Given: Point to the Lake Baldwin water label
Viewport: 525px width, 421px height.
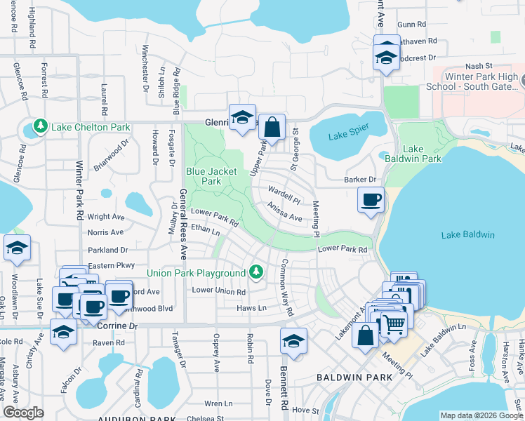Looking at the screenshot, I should [468, 234].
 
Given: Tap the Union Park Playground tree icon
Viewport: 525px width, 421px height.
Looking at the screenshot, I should [257, 272].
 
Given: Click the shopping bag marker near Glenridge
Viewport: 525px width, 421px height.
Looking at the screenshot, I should [272, 127].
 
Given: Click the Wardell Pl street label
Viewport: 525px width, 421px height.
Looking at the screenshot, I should [284, 194].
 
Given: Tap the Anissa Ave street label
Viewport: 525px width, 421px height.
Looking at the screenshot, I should [284, 212].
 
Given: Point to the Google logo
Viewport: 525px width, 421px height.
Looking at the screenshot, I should [23, 413].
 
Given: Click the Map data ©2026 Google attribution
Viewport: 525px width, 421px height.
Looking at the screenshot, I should [481, 415].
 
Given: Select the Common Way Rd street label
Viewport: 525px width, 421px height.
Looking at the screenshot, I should [286, 286].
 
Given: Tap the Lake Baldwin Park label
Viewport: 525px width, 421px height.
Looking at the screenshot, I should [423, 154].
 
